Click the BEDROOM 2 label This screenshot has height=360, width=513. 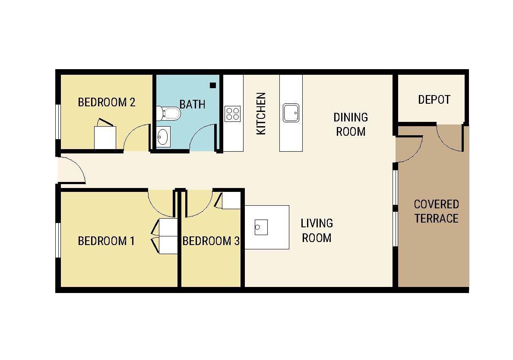[x=106, y=102]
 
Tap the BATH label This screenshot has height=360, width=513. [x=193, y=104]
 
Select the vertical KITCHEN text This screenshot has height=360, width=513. [x=261, y=113]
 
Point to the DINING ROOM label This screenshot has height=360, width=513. [x=350, y=124]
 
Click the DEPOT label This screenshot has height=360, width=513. [x=434, y=99]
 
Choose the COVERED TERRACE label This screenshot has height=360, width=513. [x=437, y=211]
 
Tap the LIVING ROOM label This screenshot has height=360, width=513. [x=317, y=231]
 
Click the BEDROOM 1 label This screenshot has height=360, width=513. [x=106, y=241]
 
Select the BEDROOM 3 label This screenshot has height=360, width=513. [x=211, y=241]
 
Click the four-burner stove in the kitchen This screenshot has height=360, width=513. [x=233, y=114]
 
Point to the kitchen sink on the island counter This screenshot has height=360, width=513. [x=291, y=113]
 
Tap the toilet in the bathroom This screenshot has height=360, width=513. [x=168, y=113]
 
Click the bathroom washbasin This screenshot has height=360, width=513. [x=163, y=137]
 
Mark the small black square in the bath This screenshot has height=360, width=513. [x=213, y=86]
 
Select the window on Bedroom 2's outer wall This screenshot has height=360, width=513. [x=58, y=122]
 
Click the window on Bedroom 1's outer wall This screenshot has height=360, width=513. [x=58, y=240]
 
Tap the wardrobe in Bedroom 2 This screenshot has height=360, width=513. [x=105, y=137]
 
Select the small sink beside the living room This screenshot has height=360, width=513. [x=261, y=227]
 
